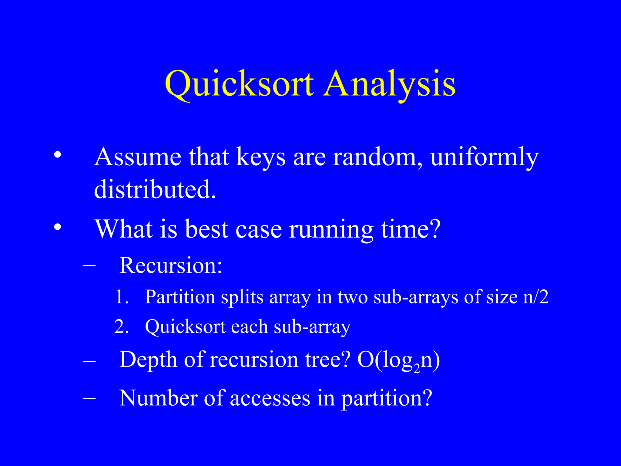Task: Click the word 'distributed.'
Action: pyautogui.click(x=155, y=189)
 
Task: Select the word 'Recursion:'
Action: pyautogui.click(x=171, y=265)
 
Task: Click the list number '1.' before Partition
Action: pyautogui.click(x=122, y=297)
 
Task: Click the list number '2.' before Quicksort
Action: pyautogui.click(x=122, y=327)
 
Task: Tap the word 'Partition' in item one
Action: pyautogui.click(x=180, y=297)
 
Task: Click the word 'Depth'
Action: pyautogui.click(x=148, y=360)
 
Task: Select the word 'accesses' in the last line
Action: pyautogui.click(x=270, y=398)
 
